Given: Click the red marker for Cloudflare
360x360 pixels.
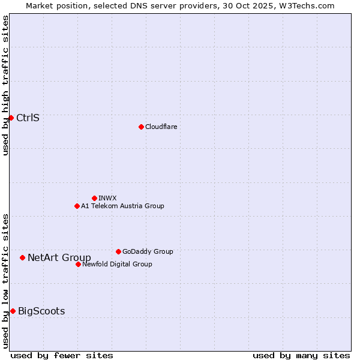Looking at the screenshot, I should (141, 127).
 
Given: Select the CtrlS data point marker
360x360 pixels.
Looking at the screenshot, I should (11, 118).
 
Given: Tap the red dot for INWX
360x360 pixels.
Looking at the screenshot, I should (94, 198).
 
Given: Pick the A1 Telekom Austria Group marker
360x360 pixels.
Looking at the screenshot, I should (77, 206).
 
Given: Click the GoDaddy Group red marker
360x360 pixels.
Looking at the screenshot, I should (118, 251).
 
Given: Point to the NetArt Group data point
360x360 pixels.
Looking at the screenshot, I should (22, 257).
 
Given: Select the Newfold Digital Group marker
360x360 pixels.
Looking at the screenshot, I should (78, 264).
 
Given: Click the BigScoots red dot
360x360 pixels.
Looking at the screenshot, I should (13, 311).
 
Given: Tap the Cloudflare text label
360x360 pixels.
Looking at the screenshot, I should (161, 127).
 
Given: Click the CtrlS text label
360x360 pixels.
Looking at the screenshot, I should (28, 118).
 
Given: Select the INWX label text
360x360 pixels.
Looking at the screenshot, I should (107, 198).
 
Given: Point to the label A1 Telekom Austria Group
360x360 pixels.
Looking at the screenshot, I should (122, 206).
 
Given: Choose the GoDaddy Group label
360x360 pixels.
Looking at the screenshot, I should (148, 251).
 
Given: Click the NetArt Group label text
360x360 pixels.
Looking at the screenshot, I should (59, 258).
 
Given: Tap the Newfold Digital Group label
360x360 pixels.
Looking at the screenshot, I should (117, 264).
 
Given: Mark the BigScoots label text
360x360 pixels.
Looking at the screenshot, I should (41, 311).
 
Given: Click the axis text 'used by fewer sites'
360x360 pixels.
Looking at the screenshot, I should (62, 355).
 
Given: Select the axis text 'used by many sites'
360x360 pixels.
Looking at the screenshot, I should (301, 355).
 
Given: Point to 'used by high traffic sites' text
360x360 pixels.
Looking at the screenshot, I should (5, 85).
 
